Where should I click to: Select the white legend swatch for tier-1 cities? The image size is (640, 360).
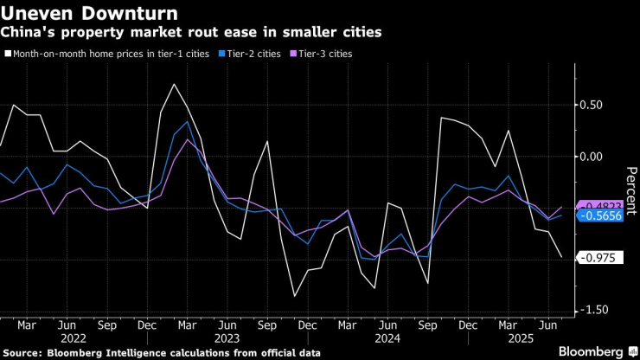tap(8, 54)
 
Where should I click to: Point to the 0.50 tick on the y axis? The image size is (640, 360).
tap(591, 106)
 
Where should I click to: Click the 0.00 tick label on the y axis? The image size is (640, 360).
tap(591, 157)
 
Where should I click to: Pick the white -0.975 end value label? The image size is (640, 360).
tap(597, 258)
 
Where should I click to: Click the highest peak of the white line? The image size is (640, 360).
tap(175, 84)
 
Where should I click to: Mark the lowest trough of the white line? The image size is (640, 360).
tap(295, 297)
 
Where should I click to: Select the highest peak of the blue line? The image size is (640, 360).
tap(188, 122)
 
